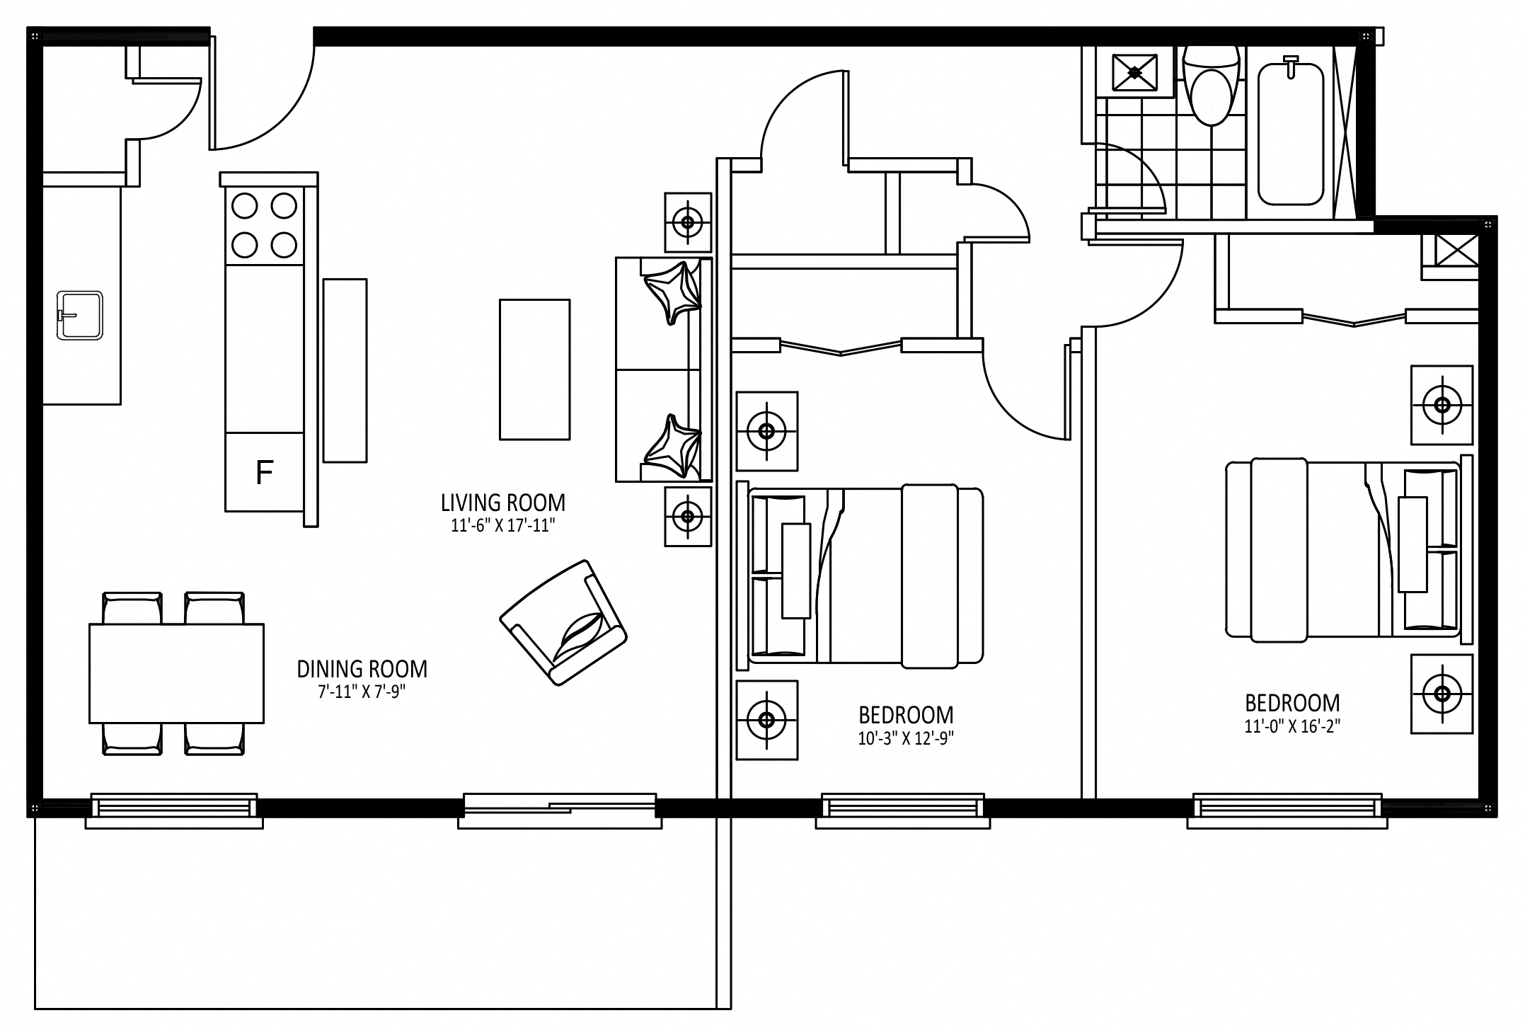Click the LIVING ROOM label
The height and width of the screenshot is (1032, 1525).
click(x=503, y=503)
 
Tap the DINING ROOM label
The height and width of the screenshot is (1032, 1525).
click(x=362, y=669)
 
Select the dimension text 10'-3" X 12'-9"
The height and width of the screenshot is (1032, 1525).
click(x=906, y=739)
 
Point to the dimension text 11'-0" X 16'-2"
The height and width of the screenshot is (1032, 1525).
click(x=1292, y=727)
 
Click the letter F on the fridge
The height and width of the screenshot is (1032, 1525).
click(x=265, y=472)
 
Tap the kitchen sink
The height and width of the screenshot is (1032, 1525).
click(x=80, y=315)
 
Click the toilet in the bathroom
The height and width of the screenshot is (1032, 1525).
click(x=1212, y=85)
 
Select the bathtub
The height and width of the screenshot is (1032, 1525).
click(x=1291, y=134)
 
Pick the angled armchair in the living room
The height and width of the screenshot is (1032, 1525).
click(x=563, y=623)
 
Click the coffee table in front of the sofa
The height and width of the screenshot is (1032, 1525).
click(x=534, y=369)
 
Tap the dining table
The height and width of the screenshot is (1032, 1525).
click(x=176, y=673)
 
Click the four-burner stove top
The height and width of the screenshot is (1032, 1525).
click(x=264, y=226)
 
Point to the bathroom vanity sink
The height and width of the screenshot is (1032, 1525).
click(x=1134, y=71)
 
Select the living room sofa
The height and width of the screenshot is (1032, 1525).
click(x=663, y=369)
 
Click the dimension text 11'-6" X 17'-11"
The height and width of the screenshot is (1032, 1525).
click(x=502, y=526)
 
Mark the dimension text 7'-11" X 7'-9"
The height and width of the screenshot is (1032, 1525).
click(x=362, y=692)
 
